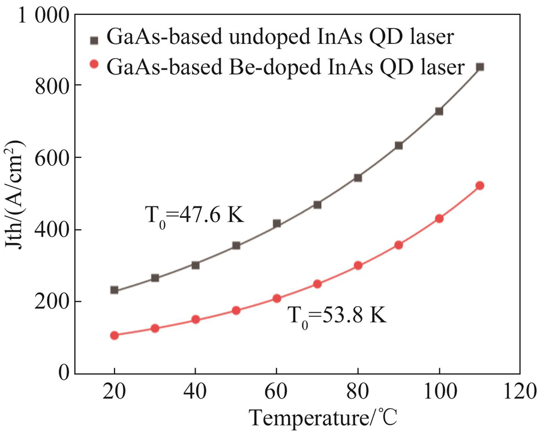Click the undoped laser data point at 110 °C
[x=479, y=67]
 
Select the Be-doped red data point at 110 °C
[x=479, y=185]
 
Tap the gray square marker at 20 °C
[x=114, y=290]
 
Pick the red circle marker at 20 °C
[x=114, y=335]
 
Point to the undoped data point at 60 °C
[x=277, y=224]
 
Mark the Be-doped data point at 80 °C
[x=358, y=265]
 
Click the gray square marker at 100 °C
[x=439, y=111]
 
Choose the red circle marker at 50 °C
[x=236, y=310]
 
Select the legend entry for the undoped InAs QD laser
[x=279, y=37]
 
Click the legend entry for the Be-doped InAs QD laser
[x=285, y=67]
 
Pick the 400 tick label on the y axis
[x=56, y=230]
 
